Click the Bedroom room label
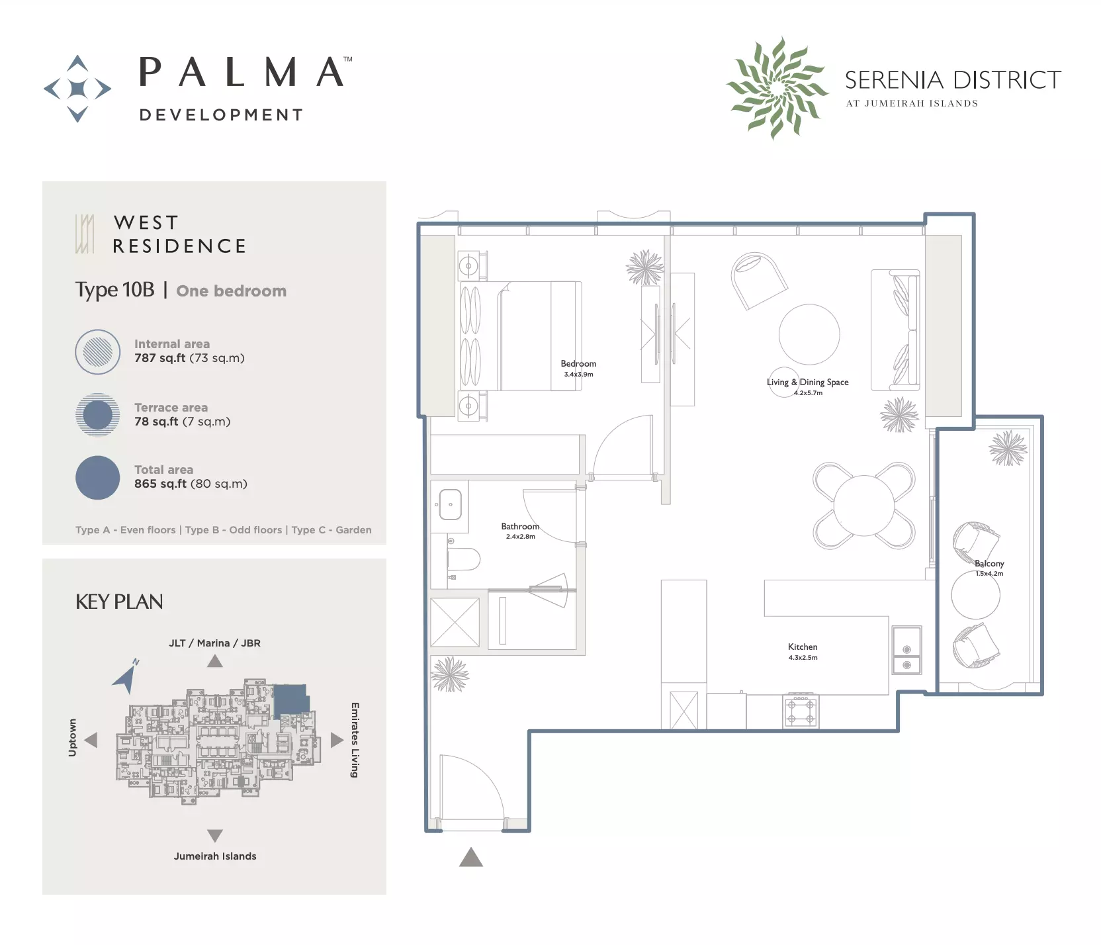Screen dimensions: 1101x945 [578, 363]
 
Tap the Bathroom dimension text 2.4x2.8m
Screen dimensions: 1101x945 [521, 537]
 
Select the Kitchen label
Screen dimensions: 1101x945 [803, 647]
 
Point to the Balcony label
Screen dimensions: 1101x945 [989, 563]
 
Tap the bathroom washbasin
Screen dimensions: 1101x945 [451, 504]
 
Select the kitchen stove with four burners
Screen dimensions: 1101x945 [801, 711]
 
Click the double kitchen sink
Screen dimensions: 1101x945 [906, 650]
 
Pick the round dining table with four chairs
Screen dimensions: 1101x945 [864, 506]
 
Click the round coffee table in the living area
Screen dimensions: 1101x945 [809, 334]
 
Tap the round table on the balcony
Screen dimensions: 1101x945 [975, 596]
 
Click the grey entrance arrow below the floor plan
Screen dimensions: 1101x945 [471, 857]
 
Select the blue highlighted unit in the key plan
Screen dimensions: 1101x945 [290, 699]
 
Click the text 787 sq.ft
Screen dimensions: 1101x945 [160, 358]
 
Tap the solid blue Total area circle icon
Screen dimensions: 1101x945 [98, 478]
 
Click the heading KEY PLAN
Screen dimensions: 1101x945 [119, 602]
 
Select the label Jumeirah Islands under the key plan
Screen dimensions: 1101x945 [215, 856]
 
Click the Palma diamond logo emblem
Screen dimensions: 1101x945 [77, 89]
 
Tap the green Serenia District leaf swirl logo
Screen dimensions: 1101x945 [777, 87]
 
